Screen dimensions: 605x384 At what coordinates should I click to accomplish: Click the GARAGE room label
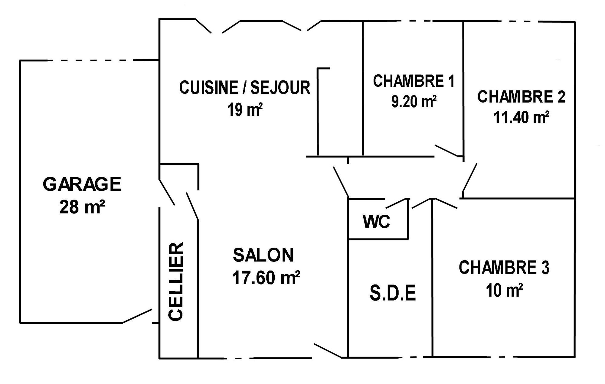click(x=82, y=184)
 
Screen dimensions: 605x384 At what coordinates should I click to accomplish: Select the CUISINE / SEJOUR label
click(x=245, y=87)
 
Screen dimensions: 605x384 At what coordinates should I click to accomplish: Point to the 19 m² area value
click(x=245, y=109)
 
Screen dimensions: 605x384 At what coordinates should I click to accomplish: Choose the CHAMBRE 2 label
click(x=521, y=97)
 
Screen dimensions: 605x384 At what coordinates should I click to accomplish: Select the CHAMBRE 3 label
click(x=504, y=268)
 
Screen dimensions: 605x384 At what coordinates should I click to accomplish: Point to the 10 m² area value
click(x=504, y=290)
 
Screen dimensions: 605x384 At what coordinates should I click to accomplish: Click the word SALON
click(x=263, y=255)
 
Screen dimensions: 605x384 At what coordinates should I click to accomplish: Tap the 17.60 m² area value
click(x=266, y=278)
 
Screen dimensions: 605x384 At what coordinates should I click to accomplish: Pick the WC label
click(x=377, y=222)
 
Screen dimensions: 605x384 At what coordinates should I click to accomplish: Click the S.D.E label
click(x=393, y=293)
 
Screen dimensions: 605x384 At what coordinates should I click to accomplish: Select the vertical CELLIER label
click(x=176, y=281)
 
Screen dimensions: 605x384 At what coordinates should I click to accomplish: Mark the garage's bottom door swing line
click(x=137, y=316)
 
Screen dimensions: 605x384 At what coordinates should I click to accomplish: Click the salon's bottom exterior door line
click(x=328, y=351)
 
